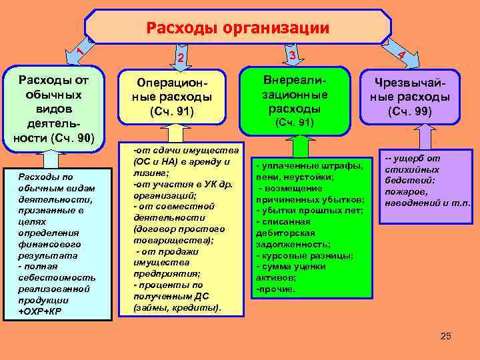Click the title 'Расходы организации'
click(x=238, y=27)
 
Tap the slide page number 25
click(x=446, y=336)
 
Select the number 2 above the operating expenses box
click(x=181, y=59)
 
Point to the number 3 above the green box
click(x=293, y=55)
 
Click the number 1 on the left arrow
click(x=79, y=50)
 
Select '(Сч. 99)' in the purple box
click(x=410, y=111)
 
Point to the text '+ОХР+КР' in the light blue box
click(x=41, y=311)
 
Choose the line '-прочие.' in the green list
click(x=275, y=289)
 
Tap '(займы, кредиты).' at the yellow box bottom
click(x=177, y=307)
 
